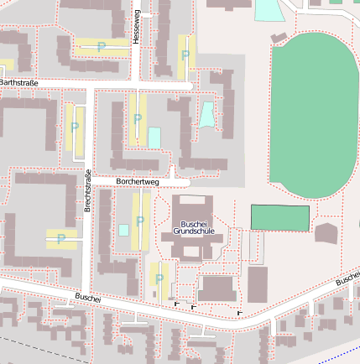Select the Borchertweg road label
(x=138, y=180)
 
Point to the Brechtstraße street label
(x=87, y=190)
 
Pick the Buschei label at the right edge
(x=347, y=278)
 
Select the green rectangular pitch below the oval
(x=280, y=217)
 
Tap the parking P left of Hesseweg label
(x=102, y=47)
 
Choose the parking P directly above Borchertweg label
(x=138, y=119)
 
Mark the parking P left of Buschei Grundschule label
(x=140, y=221)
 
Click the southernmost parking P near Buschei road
(x=159, y=278)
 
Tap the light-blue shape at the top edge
(x=269, y=9)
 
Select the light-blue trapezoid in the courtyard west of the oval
(x=206, y=114)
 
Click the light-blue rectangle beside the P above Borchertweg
(x=154, y=137)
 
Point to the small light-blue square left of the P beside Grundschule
(x=123, y=230)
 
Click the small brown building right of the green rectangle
(x=326, y=232)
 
